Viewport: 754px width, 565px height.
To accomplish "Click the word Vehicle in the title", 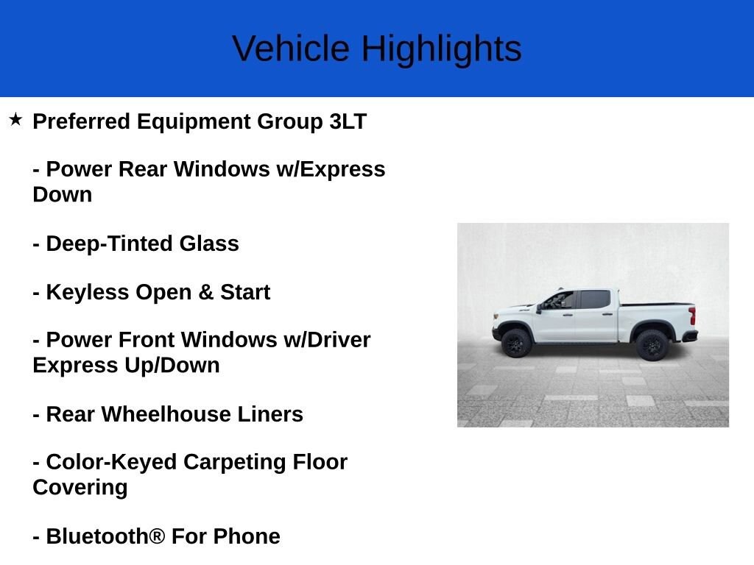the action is click(x=291, y=49).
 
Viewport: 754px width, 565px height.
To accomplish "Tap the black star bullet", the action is click(x=15, y=120).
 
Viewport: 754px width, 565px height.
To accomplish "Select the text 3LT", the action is click(x=348, y=121).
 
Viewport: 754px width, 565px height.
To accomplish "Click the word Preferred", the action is click(x=81, y=121).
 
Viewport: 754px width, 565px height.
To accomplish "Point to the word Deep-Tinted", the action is click(x=109, y=244).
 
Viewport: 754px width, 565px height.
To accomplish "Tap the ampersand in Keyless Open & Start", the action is click(x=206, y=292).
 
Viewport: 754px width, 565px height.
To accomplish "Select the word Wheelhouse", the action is click(x=166, y=414).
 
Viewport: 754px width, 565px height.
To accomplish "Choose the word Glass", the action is click(x=209, y=244).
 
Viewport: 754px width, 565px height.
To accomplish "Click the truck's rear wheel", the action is click(x=652, y=344).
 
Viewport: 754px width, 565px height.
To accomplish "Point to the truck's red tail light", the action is click(x=692, y=316).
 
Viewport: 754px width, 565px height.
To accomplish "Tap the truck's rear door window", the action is click(x=595, y=299).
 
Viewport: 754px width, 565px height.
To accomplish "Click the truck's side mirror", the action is click(x=539, y=308).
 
